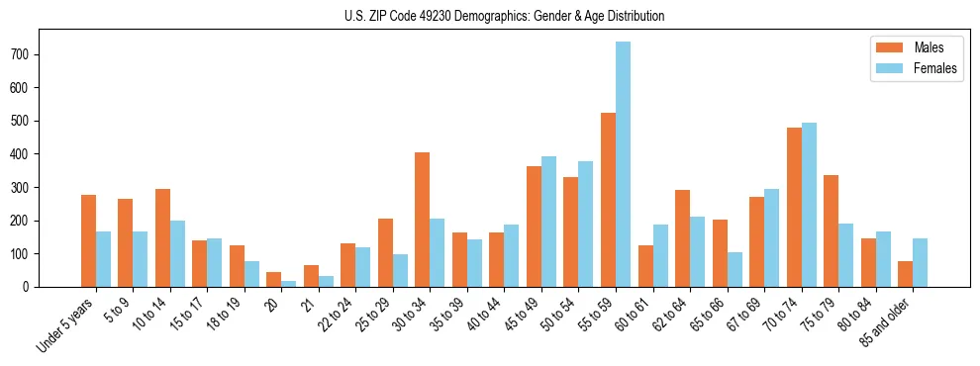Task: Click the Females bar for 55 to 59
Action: (623, 164)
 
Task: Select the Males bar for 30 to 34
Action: (422, 220)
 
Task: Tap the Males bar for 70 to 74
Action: (793, 207)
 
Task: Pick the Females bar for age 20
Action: (288, 284)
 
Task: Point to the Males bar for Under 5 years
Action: (88, 240)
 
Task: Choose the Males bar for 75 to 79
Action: (831, 230)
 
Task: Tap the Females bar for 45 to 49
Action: (548, 222)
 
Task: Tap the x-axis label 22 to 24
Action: (334, 315)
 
